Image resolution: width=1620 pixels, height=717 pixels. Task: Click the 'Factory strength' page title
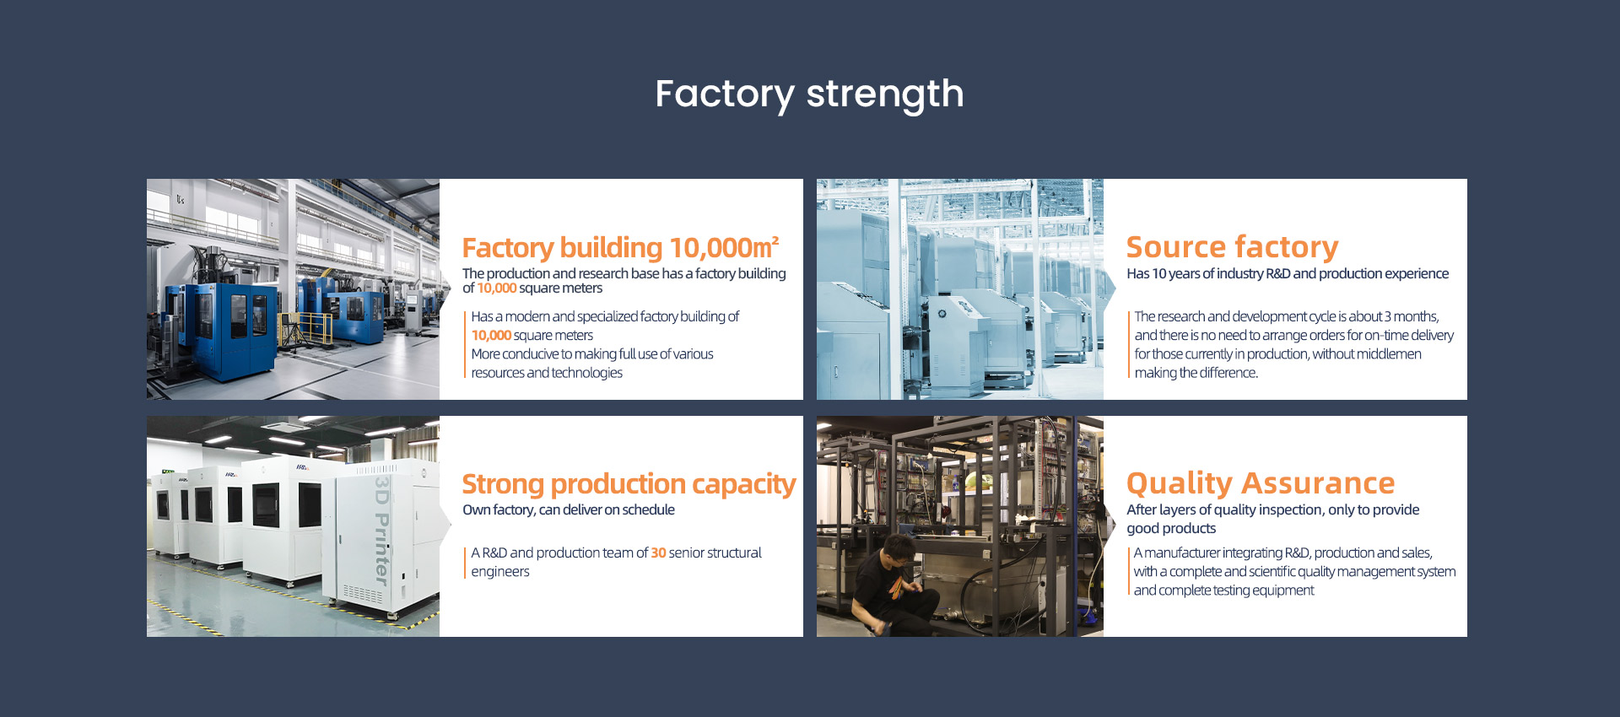pyautogui.click(x=809, y=94)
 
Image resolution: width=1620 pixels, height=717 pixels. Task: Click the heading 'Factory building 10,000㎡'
pyautogui.click(x=620, y=247)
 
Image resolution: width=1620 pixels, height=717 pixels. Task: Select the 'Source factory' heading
pyautogui.click(x=1232, y=246)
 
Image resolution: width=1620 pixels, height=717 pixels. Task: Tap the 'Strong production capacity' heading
pyautogui.click(x=629, y=484)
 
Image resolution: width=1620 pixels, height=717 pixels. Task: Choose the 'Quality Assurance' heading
pyautogui.click(x=1261, y=483)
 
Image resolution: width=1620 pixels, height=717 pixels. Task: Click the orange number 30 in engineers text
pyautogui.click(x=658, y=553)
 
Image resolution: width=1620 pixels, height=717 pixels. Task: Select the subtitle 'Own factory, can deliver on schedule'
pyautogui.click(x=569, y=509)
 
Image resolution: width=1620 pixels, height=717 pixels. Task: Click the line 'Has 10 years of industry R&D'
pyautogui.click(x=1288, y=273)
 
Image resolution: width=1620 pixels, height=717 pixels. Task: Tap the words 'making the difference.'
pyautogui.click(x=1196, y=373)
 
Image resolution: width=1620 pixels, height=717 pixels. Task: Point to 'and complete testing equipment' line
pyautogui.click(x=1223, y=590)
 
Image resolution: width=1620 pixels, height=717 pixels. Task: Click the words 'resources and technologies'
pyautogui.click(x=547, y=373)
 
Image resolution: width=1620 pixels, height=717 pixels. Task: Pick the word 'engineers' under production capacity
pyautogui.click(x=500, y=572)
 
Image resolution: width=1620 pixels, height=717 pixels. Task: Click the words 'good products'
pyautogui.click(x=1171, y=529)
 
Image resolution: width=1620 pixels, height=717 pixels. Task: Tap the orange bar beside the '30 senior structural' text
pyautogui.click(x=465, y=563)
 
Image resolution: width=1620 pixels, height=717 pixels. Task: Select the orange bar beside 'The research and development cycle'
pyautogui.click(x=1129, y=344)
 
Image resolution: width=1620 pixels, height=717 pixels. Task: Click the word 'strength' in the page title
pyautogui.click(x=885, y=94)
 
